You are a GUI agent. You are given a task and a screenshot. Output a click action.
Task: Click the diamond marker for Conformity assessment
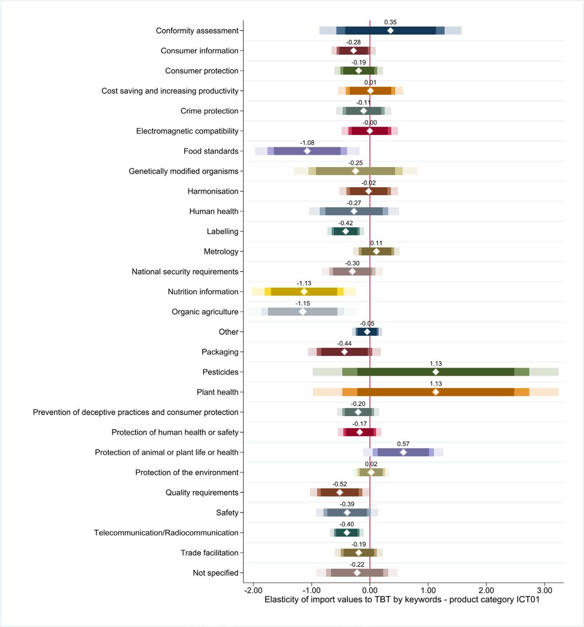point(390,31)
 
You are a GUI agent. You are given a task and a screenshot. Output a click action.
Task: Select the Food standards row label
point(211,151)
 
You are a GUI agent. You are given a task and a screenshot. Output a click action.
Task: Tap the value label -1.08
point(307,143)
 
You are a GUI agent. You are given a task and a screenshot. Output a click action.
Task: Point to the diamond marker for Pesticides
point(436,372)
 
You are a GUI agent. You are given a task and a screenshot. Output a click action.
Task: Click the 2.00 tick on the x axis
point(486,590)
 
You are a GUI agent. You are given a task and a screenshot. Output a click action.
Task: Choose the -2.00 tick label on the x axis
point(253,590)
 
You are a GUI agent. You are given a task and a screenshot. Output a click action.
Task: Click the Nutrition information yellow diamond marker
point(304,292)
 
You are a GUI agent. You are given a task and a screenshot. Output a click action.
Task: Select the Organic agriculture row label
point(205,312)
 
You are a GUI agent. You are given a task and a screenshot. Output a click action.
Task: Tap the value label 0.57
point(403,444)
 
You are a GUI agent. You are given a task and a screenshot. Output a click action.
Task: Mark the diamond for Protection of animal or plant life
point(403,453)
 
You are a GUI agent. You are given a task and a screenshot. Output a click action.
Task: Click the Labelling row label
point(222,232)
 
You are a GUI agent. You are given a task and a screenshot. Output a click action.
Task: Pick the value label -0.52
point(339,484)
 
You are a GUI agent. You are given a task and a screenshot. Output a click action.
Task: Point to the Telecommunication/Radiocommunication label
point(166,533)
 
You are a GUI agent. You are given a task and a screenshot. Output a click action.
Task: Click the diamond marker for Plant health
point(436,392)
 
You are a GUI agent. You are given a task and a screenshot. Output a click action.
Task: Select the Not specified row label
point(215,573)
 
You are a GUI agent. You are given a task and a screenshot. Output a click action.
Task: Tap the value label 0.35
point(390,22)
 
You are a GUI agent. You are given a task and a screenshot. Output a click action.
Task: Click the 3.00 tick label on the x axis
point(544,590)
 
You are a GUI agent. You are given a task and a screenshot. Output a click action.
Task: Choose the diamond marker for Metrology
point(376,252)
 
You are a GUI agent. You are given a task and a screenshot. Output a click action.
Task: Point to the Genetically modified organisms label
point(183,171)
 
